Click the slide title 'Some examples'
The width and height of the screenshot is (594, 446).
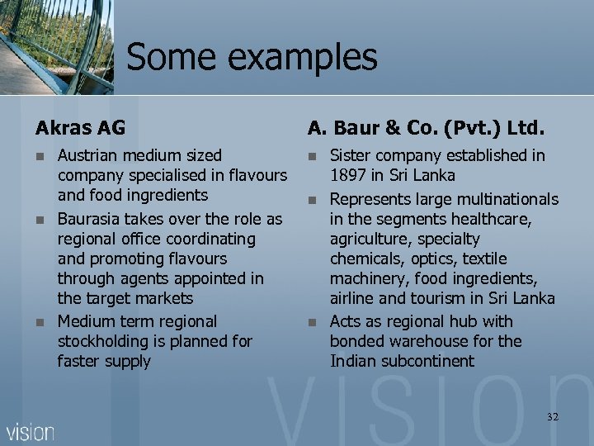[252, 57]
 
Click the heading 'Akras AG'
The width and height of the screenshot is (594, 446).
[80, 128]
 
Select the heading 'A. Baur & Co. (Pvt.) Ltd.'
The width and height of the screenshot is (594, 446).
[427, 128]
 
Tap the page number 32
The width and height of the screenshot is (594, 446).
[552, 417]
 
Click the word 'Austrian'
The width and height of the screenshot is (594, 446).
[87, 155]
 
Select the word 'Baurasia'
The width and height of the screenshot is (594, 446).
[90, 219]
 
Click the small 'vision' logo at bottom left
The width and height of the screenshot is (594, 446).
[31, 431]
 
